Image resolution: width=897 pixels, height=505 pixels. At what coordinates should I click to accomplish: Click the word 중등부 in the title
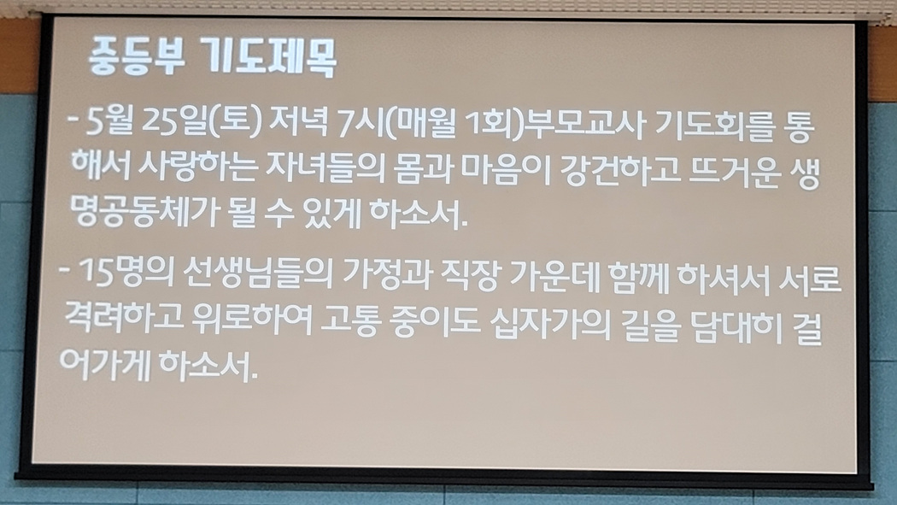click(x=136, y=56)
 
